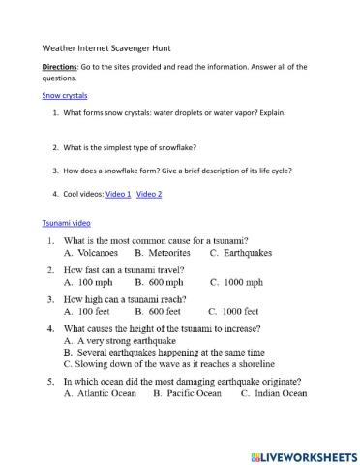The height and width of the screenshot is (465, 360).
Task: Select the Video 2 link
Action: point(149,194)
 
